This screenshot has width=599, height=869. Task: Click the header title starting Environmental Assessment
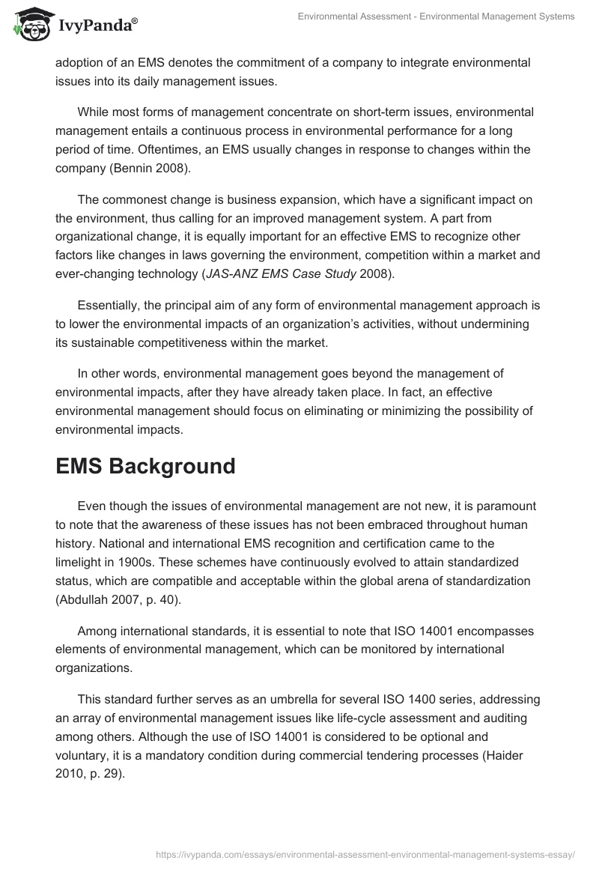[x=436, y=16]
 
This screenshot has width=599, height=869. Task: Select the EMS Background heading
[x=145, y=465]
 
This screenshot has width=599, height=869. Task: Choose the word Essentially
[x=111, y=306]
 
